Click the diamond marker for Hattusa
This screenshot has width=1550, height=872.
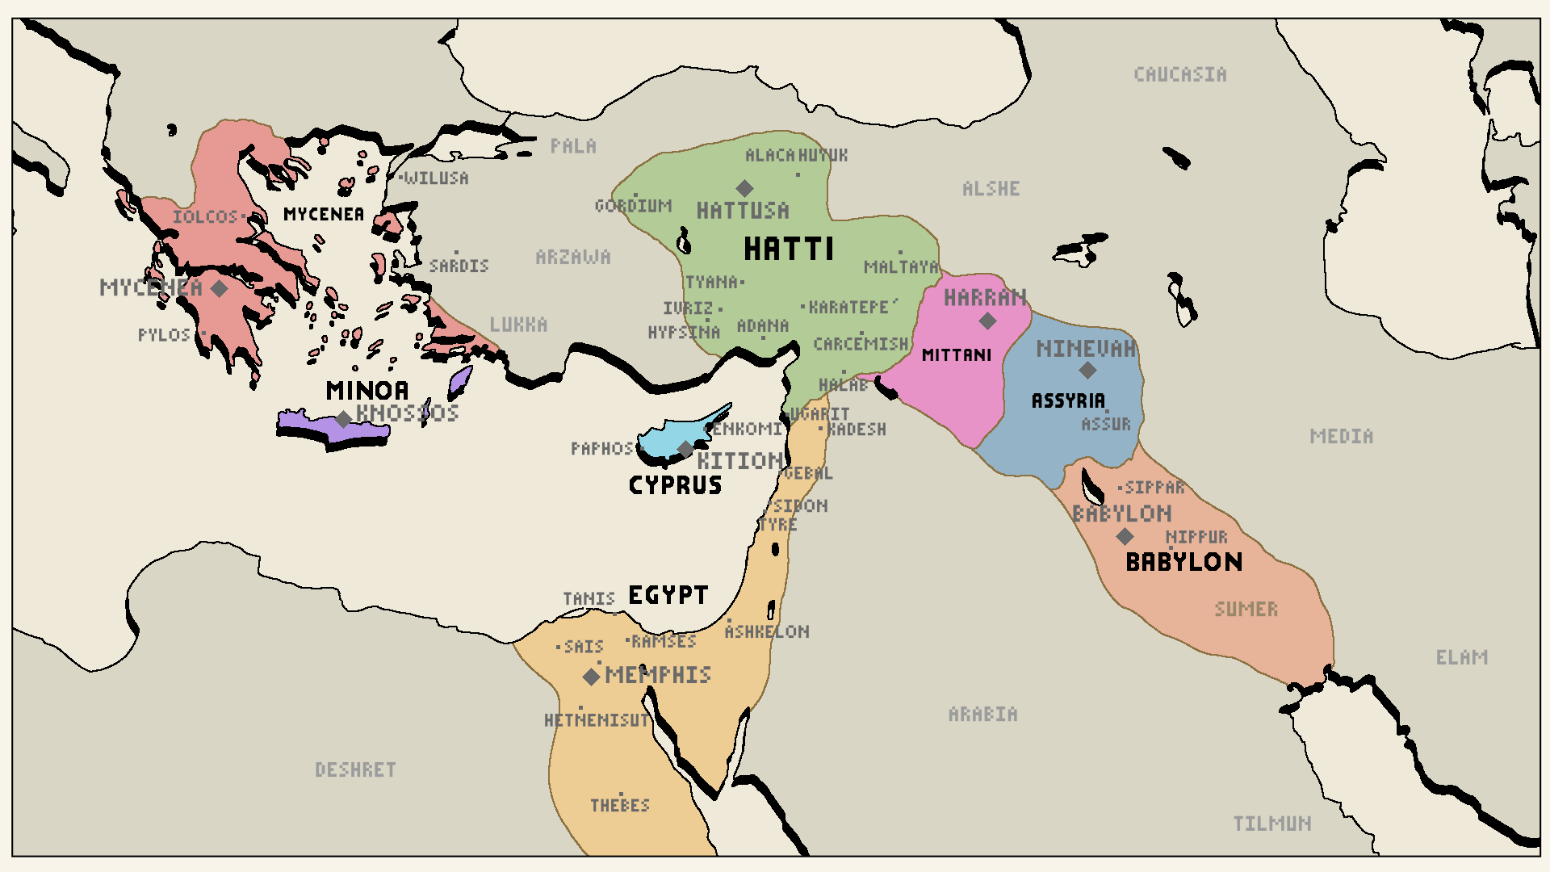pyautogui.click(x=744, y=188)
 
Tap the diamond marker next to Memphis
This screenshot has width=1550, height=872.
pyautogui.click(x=592, y=677)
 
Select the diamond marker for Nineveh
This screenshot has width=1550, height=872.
pyautogui.click(x=1087, y=370)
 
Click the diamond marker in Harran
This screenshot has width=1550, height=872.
pyautogui.click(x=987, y=321)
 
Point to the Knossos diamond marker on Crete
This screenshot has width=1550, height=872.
pyautogui.click(x=344, y=418)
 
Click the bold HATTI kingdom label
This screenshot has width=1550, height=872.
pyautogui.click(x=788, y=249)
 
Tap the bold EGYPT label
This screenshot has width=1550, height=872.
pyautogui.click(x=668, y=595)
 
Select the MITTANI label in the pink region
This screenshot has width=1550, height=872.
pyautogui.click(x=956, y=355)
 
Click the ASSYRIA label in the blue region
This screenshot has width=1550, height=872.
pyautogui.click(x=1068, y=400)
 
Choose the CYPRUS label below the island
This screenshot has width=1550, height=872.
pyautogui.click(x=675, y=485)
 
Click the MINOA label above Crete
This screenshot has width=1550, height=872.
pyautogui.click(x=367, y=391)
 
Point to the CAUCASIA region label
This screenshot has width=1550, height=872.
pyautogui.click(x=1179, y=74)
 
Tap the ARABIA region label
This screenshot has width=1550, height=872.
pyautogui.click(x=982, y=714)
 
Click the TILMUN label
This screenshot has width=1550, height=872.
pyautogui.click(x=1271, y=824)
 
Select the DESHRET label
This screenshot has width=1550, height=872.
pyautogui.click(x=355, y=769)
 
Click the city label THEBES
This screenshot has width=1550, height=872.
pyautogui.click(x=619, y=805)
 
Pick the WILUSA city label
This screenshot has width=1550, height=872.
pyautogui.click(x=436, y=178)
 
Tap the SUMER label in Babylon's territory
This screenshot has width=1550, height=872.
pyautogui.click(x=1246, y=609)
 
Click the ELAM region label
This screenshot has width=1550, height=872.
pyautogui.click(x=1461, y=657)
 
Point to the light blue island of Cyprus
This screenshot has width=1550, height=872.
pyautogui.click(x=670, y=436)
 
